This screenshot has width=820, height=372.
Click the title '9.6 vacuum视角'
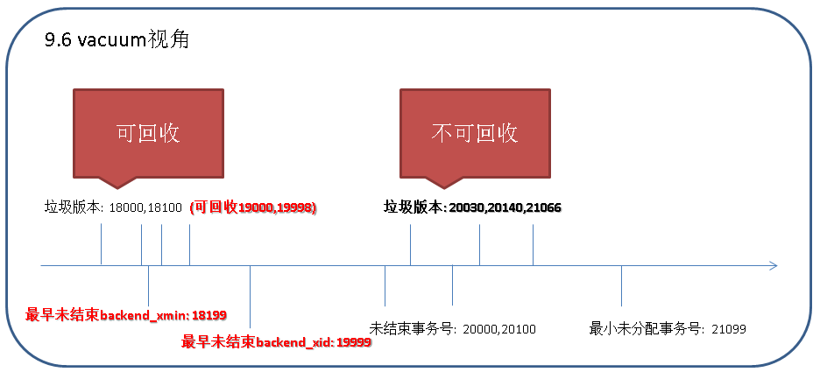pyautogui.click(x=117, y=39)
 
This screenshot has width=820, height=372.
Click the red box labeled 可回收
pyautogui.click(x=149, y=138)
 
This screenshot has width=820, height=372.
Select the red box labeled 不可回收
pyautogui.click(x=475, y=138)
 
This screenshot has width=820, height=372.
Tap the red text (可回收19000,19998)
pyautogui.click(x=254, y=208)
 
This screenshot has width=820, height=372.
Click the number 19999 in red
pyautogui.click(x=354, y=343)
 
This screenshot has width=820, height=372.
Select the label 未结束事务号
pyautogui.click(x=414, y=329)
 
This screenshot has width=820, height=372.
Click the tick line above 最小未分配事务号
pyautogui.click(x=621, y=286)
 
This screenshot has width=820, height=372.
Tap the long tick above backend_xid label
pyautogui.click(x=251, y=297)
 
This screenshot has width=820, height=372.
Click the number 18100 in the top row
pyautogui.click(x=165, y=208)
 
